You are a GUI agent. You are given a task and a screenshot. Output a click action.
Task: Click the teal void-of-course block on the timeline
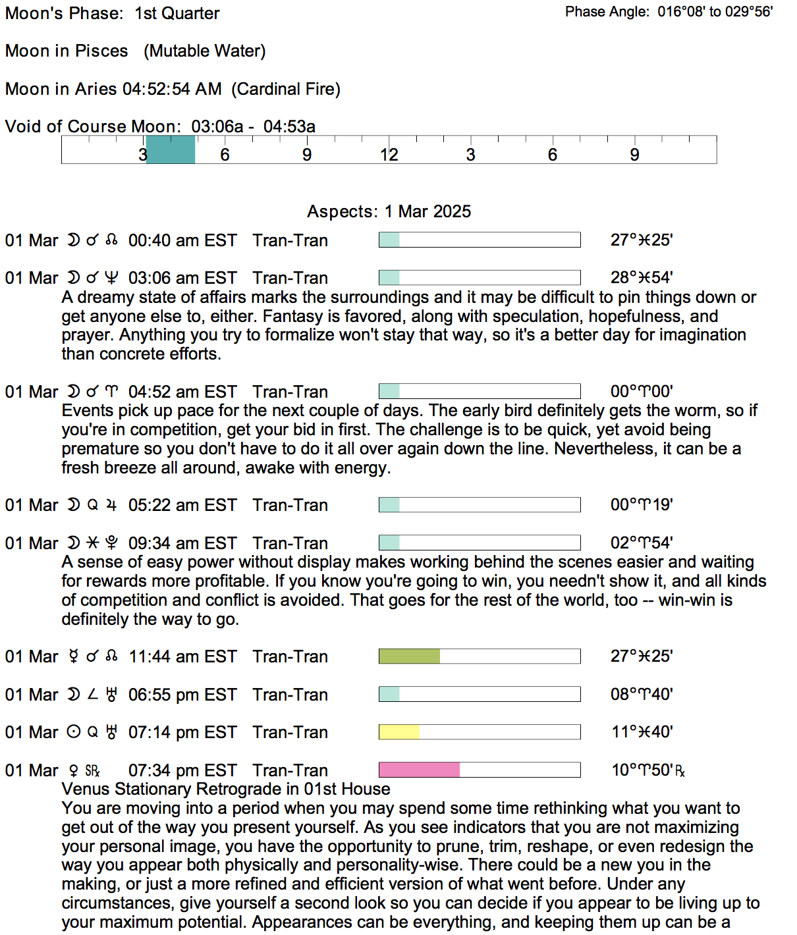pos(171,149)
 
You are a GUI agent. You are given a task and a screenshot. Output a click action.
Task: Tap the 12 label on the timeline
pos(389,155)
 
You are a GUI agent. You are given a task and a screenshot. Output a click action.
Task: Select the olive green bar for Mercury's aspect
pos(409,656)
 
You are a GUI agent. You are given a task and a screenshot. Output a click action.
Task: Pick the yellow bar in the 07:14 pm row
pos(399,732)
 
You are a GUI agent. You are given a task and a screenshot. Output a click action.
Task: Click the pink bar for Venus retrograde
pos(419,770)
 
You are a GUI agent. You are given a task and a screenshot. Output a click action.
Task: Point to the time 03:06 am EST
pos(182,278)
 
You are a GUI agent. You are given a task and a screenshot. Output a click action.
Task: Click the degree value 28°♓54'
pos(641,278)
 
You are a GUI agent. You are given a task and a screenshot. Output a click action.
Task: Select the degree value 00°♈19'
pos(641,505)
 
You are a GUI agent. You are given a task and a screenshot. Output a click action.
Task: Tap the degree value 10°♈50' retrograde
pos(647,770)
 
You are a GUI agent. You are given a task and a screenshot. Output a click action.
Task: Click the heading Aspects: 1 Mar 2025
pos(389,211)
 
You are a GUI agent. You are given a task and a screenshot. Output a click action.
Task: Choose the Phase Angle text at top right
pos(669,12)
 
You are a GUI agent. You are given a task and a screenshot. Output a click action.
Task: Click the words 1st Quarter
pos(177,13)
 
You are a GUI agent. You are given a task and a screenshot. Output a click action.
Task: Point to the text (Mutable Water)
pos(205,51)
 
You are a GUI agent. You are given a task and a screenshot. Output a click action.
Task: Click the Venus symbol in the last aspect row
pos(73,770)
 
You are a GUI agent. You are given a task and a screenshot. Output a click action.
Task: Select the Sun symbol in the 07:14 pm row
pos(74,732)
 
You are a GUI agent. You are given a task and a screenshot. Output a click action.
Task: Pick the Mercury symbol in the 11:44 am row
pos(74,656)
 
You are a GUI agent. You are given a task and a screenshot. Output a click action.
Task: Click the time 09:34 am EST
pos(182,543)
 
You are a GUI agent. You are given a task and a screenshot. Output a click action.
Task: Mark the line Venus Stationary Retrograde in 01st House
pos(226,789)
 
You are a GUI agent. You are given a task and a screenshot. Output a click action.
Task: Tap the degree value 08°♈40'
pos(641,695)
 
